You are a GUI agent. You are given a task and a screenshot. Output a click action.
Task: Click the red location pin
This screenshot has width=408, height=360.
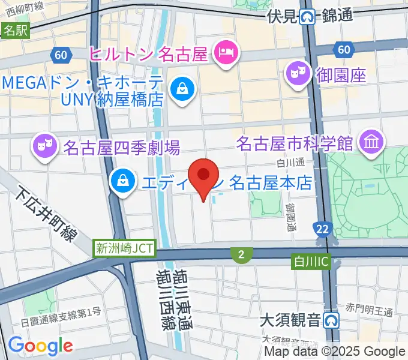click(203, 175)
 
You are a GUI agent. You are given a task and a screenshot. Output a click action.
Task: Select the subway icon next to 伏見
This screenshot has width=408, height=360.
click(308, 17)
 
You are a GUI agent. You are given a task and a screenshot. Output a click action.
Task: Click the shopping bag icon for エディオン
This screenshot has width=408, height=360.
click(122, 181)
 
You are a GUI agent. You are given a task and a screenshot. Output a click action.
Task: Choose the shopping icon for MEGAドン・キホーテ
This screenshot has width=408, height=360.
click(180, 90)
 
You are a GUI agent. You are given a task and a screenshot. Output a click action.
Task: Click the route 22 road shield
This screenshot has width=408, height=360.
click(322, 228)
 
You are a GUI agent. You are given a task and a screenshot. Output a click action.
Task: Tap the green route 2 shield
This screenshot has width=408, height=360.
click(241, 256)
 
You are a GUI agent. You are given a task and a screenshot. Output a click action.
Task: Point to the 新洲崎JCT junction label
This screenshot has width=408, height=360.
click(125, 247)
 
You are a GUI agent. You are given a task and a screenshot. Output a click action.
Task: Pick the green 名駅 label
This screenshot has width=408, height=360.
click(15, 31)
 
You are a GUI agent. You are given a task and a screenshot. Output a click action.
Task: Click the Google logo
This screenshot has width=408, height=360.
click(40, 346)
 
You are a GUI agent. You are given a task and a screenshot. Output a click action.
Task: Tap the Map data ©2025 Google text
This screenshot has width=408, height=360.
click(335, 352)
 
